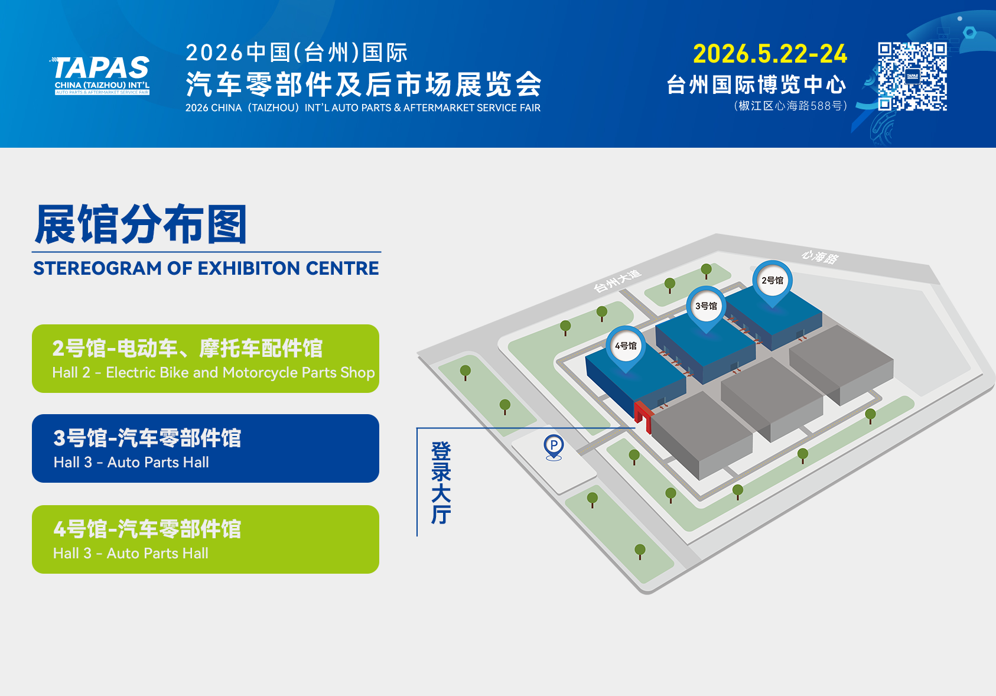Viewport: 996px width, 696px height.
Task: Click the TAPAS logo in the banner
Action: coord(100,74)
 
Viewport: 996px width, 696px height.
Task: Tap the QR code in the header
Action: coord(912,76)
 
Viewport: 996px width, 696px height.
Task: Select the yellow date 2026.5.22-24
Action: coord(770,54)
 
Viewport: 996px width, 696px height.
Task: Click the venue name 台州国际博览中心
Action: coord(756,84)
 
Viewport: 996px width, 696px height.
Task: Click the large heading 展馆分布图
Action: coord(141,224)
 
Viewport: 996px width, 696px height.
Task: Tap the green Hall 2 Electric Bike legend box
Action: coord(206,359)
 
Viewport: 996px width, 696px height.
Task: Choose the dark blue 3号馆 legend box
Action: coord(206,448)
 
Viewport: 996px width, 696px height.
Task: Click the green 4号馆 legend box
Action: coord(206,539)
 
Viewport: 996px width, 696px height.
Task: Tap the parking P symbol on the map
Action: coord(554,447)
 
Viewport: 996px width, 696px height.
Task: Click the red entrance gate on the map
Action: coord(643,417)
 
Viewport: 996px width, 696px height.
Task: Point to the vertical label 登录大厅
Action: coord(441,483)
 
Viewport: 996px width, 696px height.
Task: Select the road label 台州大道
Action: coord(617,281)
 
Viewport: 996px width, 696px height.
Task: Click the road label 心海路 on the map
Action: coord(820,256)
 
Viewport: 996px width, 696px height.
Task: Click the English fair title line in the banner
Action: coord(363,108)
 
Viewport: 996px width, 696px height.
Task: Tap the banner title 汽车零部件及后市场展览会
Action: coord(363,84)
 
